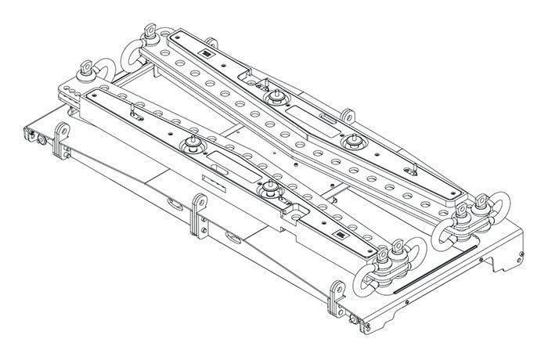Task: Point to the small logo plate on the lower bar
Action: pos(342,236)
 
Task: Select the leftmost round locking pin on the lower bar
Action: pos(190,144)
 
